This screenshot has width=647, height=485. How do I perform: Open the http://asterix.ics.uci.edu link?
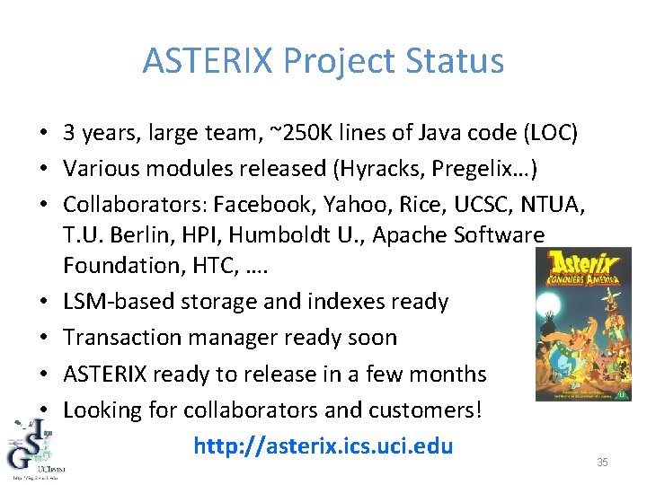[x=323, y=446]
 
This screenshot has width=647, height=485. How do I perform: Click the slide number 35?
[x=603, y=462]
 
